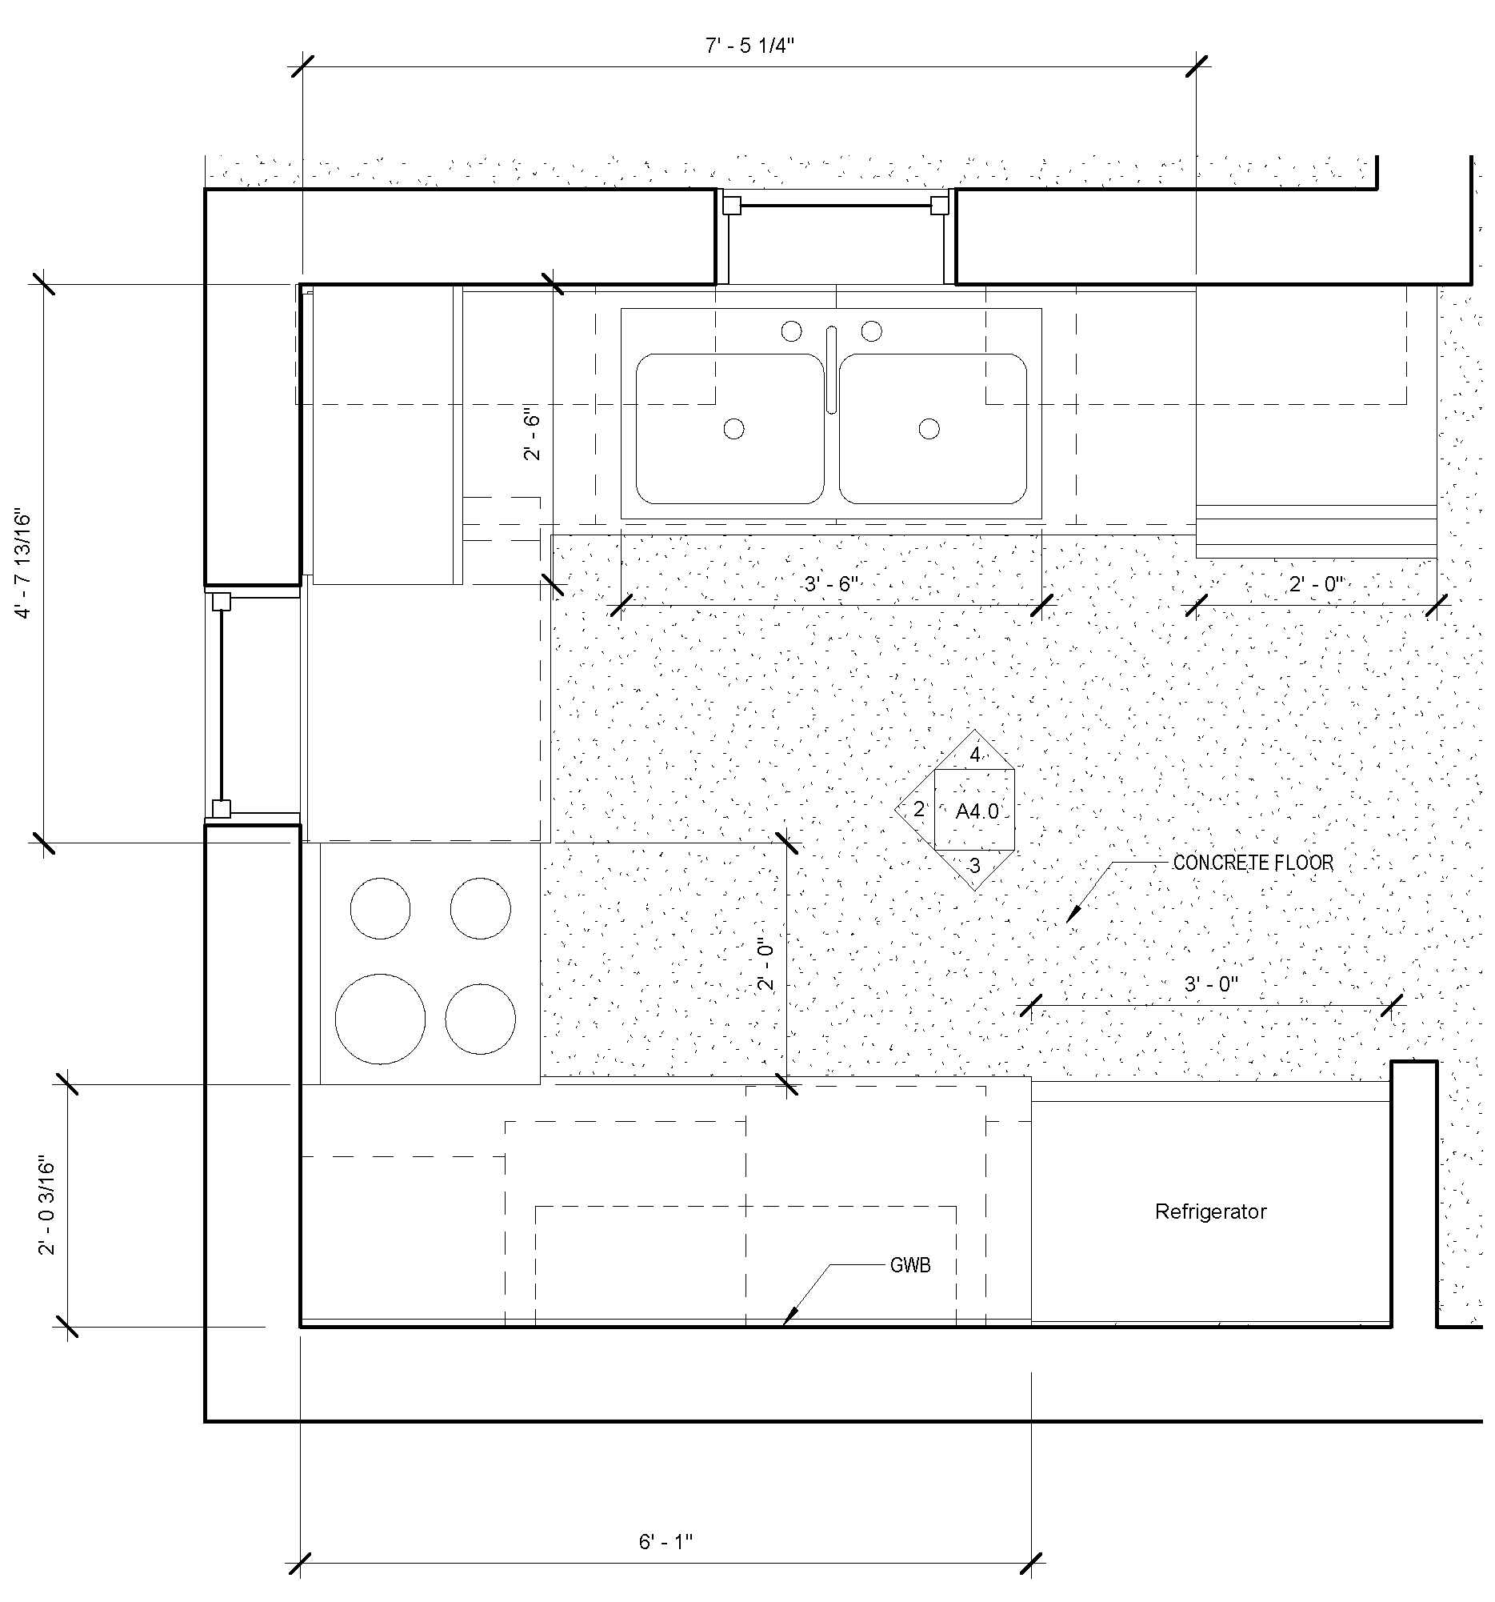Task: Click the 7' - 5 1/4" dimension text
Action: click(x=749, y=46)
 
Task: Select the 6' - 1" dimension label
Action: click(x=666, y=1541)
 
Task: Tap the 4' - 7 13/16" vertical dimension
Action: click(x=22, y=564)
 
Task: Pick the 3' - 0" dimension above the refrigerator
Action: click(x=1210, y=984)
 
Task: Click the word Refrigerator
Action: click(x=1211, y=1212)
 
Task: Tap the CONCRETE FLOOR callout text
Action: click(x=1253, y=863)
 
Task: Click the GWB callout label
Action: click(x=910, y=1266)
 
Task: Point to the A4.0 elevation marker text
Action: click(x=976, y=811)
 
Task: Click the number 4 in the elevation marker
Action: click(x=975, y=755)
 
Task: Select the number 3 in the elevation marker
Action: click(x=974, y=867)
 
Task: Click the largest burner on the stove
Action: click(x=380, y=1019)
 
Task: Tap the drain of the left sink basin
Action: click(x=734, y=429)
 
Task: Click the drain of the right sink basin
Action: click(x=929, y=429)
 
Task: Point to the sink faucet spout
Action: click(x=831, y=370)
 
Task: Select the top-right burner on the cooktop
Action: click(x=480, y=908)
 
